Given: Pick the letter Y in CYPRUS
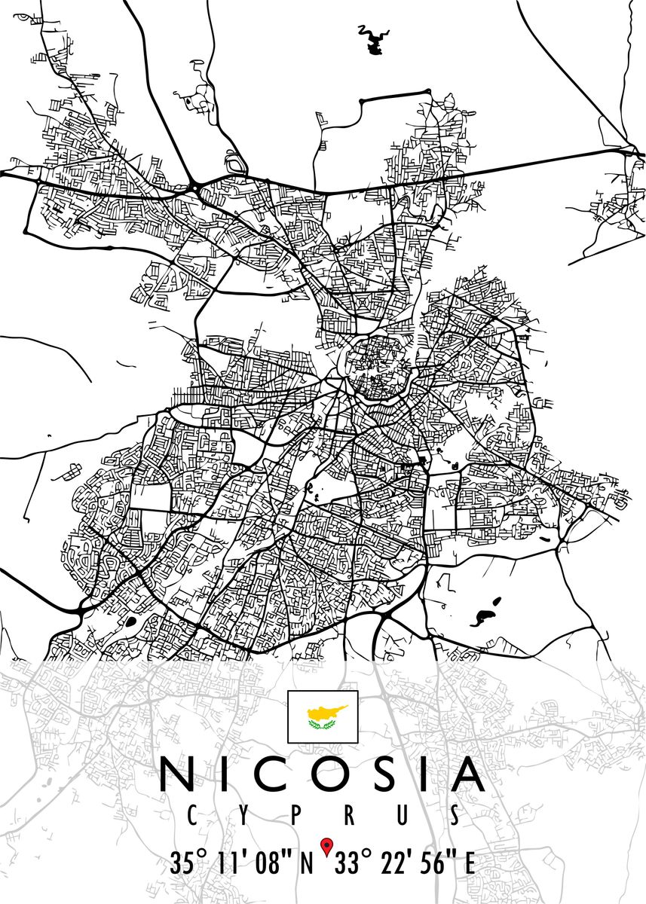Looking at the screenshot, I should tap(243, 814).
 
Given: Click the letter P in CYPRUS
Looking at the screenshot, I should tap(297, 814).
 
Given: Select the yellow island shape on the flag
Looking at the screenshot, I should tap(326, 711).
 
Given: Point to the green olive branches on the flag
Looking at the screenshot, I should tap(323, 725).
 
